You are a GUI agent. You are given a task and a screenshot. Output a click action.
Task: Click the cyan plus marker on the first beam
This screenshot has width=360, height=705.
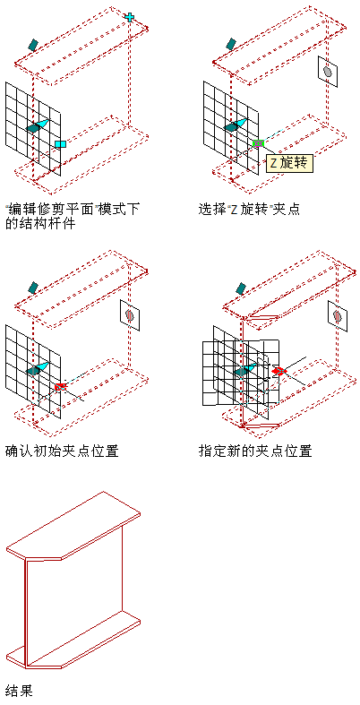130,17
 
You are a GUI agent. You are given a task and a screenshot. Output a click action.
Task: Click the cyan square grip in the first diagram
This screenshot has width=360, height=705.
60,144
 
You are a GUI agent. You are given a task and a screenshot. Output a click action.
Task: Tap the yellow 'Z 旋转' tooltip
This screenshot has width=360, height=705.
288,163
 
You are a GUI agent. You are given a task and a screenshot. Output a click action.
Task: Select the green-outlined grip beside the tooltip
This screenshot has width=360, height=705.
258,143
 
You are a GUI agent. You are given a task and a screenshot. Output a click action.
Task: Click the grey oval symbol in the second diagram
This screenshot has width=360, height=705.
328,71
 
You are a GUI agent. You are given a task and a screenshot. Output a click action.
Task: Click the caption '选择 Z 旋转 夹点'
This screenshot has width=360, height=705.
249,209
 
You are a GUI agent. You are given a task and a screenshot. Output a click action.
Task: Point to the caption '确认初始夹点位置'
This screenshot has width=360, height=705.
62,450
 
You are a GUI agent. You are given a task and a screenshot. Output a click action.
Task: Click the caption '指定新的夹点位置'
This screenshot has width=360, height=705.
255,450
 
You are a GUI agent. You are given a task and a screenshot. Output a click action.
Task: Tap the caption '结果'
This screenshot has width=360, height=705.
19,690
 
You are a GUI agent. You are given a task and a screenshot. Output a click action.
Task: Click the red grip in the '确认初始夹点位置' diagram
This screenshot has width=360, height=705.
60,386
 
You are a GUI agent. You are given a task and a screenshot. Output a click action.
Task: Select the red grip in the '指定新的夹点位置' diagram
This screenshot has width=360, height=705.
279,371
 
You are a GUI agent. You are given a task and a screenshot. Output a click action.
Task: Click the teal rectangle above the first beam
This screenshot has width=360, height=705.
33,44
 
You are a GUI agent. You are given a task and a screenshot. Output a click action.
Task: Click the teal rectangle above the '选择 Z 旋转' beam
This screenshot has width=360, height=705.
230,44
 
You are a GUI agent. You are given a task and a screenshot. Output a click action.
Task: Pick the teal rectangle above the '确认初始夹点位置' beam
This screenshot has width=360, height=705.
33,288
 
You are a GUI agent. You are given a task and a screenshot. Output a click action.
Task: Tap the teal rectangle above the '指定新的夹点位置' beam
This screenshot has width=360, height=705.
241,288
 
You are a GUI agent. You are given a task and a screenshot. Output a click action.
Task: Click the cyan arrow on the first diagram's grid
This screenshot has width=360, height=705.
42,124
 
